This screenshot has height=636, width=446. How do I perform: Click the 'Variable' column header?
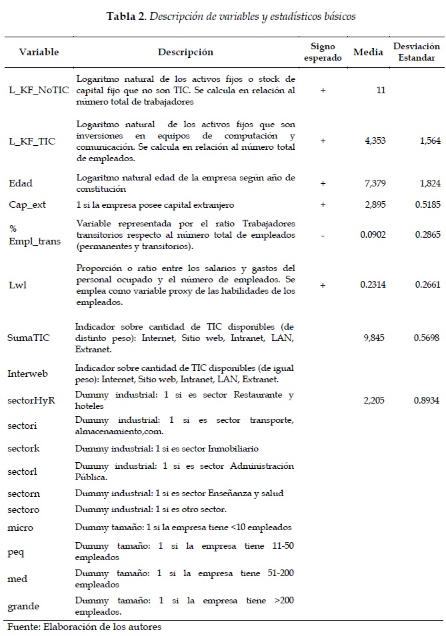coord(39,52)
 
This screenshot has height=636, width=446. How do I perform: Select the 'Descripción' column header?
coord(185,52)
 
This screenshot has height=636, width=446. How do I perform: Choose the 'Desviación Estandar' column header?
coord(417,52)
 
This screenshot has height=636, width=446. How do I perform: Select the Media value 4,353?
coord(375,141)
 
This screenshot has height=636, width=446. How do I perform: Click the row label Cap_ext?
coord(27,204)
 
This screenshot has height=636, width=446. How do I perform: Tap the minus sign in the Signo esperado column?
coord(323,235)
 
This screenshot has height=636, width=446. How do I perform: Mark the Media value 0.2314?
coord(373,285)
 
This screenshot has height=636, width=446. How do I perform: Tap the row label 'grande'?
coord(24,607)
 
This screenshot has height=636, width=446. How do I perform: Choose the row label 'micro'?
coord(21,528)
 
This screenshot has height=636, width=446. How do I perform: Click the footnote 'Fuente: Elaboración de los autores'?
coord(84,627)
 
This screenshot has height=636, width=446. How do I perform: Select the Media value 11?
coord(381,91)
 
